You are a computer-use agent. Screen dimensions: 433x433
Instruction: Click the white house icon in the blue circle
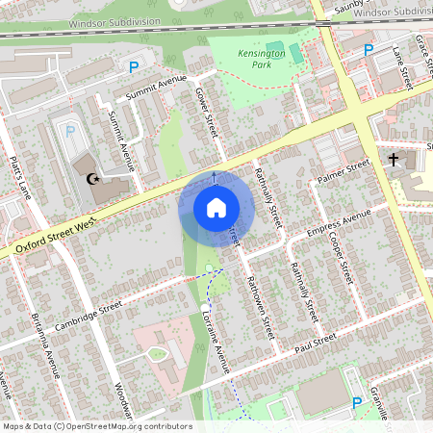(x=216, y=207)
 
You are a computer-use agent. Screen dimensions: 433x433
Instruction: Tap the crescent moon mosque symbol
(x=93, y=179)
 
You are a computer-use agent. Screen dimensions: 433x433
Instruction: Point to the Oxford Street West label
(x=59, y=235)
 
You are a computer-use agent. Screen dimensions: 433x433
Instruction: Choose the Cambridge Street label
(x=89, y=315)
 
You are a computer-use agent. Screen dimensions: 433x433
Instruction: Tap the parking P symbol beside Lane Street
(x=368, y=49)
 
